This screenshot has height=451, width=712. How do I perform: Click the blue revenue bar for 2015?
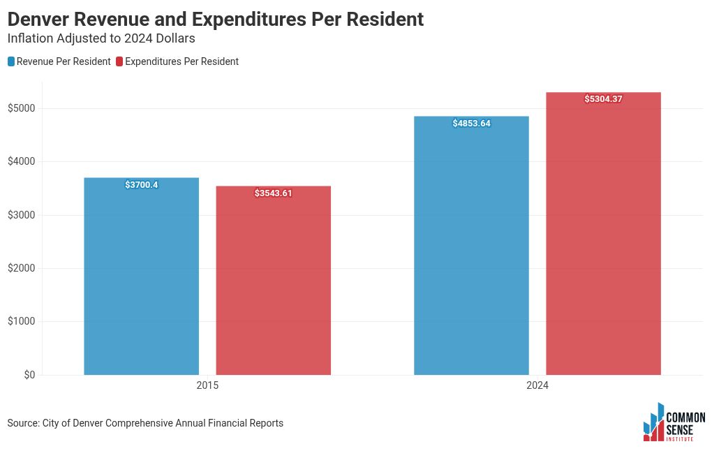141,279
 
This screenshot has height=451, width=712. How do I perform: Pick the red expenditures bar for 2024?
603,237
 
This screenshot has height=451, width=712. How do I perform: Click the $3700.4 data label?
142,185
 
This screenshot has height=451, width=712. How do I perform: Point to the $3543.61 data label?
273,193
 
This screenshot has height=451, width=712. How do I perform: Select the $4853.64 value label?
471,124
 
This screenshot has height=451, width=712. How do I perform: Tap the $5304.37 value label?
603,99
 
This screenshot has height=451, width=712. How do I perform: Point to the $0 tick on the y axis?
29,375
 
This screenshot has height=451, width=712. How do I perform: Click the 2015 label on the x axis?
207,386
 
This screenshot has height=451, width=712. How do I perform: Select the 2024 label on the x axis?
537,386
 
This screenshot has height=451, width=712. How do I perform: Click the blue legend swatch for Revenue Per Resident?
11,61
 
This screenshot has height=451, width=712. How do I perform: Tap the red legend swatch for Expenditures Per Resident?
119,61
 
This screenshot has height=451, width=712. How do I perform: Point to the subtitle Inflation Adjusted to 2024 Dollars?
101,38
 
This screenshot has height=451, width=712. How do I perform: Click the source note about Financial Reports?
145,423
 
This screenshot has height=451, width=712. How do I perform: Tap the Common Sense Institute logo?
674,422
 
